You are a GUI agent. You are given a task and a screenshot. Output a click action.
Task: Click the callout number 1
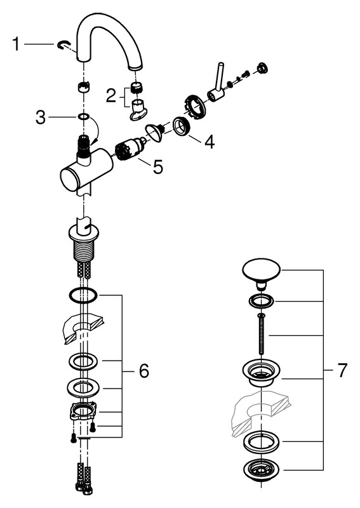[x=15, y=44]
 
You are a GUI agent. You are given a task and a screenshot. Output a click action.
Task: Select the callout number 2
[x=111, y=96]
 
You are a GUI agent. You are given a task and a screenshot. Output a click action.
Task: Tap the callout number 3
[x=41, y=117]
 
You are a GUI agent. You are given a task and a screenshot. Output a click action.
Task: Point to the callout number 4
[x=210, y=142]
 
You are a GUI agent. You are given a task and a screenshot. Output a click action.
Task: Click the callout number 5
[x=158, y=167]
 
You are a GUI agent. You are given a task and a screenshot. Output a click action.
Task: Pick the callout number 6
[x=144, y=370]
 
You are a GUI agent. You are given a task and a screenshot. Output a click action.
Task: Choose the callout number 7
[x=342, y=370]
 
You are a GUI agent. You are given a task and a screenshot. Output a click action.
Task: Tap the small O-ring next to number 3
[x=84, y=116]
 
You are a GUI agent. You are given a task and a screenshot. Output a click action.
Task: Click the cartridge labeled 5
[x=130, y=149]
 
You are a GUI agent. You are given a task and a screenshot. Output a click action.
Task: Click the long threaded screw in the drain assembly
[x=261, y=334]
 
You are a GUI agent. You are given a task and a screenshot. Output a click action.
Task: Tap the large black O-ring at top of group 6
[x=83, y=295]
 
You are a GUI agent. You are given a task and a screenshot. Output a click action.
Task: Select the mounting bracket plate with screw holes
[x=83, y=411]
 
